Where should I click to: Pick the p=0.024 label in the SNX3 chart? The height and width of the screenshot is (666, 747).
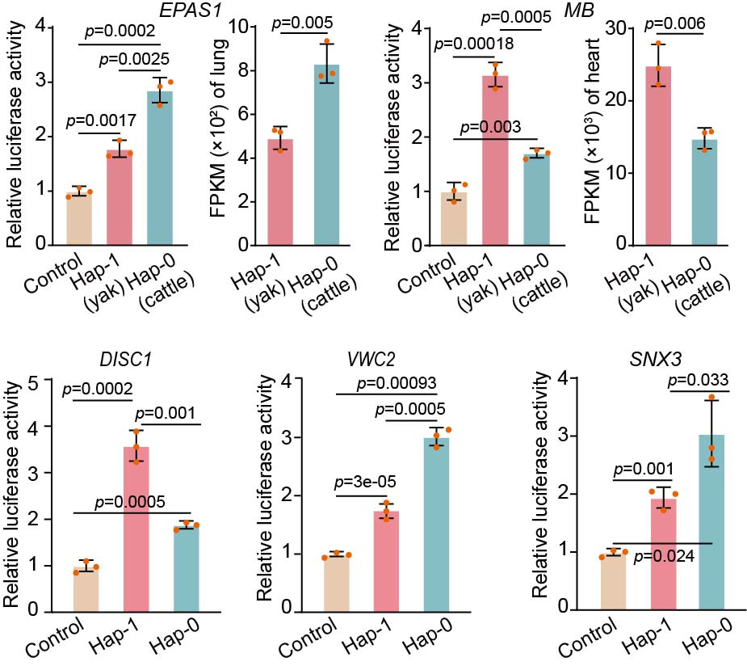(655, 557)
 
